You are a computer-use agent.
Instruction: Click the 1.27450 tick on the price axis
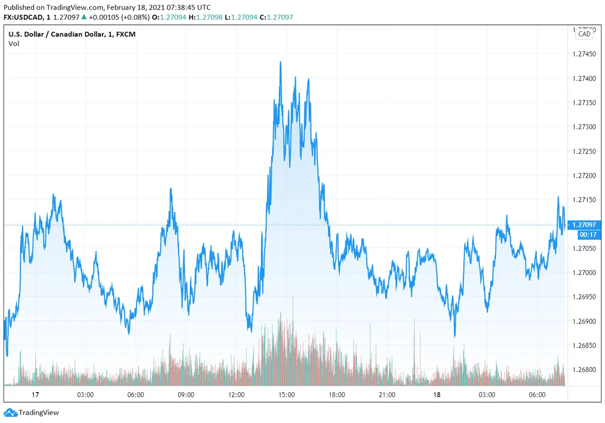[x=584, y=54]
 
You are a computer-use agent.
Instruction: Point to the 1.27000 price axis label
[x=584, y=273]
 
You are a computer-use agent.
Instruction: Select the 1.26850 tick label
[x=584, y=345]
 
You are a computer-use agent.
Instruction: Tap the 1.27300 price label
[x=584, y=127]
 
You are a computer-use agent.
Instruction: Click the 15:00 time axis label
[x=286, y=395]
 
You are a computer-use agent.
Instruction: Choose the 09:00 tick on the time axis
[x=186, y=395]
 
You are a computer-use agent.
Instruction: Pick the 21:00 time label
[x=387, y=395]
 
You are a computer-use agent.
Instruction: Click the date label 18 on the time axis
[x=437, y=395]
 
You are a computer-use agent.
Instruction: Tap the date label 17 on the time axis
[x=35, y=395]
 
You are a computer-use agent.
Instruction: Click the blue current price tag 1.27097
[x=585, y=225]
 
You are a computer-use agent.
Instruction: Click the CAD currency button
[x=584, y=34]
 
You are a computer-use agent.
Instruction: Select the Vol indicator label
[x=14, y=43]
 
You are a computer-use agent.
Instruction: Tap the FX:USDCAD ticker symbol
[x=23, y=17]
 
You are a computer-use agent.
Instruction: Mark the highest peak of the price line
[x=280, y=62]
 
